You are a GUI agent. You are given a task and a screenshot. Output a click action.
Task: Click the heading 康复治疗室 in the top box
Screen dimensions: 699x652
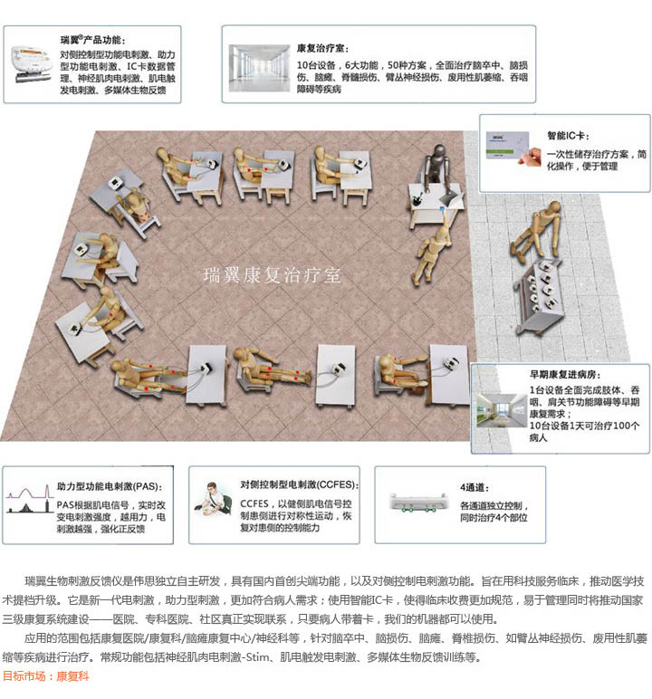321,47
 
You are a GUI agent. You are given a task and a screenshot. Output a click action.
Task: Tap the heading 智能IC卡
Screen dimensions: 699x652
570,135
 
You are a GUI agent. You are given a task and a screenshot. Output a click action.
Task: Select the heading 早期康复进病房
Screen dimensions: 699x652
561,374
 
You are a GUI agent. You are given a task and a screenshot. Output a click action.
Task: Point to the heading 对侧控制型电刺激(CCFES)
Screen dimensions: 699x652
300,484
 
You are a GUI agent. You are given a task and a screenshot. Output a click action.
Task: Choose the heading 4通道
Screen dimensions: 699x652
472,486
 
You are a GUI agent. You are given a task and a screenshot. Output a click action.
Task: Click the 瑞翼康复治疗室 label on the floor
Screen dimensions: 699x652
273,273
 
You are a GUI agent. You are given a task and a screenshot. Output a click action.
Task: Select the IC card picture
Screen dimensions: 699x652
512,148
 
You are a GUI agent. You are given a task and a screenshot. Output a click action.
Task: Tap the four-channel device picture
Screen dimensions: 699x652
423,506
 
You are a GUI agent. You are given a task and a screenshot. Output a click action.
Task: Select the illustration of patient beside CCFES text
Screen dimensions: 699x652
215,505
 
